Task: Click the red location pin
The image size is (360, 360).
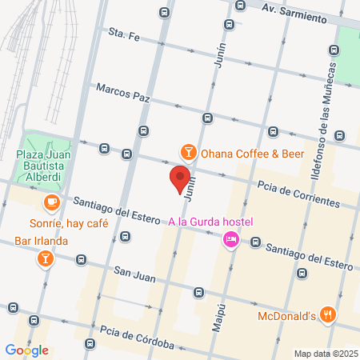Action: point(180,178)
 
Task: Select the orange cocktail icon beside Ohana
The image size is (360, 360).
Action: point(187,151)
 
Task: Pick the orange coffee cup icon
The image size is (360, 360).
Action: point(51,202)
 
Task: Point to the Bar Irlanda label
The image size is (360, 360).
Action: point(40,240)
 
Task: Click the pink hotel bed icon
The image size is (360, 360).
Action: point(230,238)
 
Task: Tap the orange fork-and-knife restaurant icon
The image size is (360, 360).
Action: point(326,314)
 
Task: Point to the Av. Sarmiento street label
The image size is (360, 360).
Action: point(294,14)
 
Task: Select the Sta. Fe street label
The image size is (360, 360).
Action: point(124,35)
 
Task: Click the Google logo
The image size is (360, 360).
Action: point(26,350)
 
